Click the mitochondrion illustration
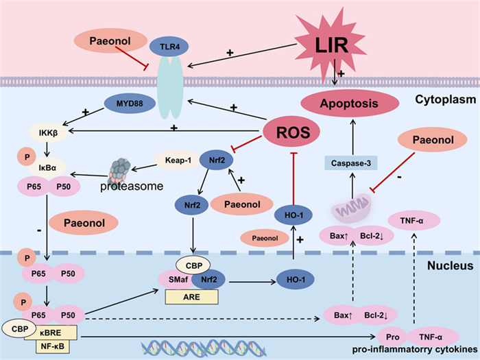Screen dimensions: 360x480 pos(350,208)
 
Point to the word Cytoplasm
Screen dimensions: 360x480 pos(443,100)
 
